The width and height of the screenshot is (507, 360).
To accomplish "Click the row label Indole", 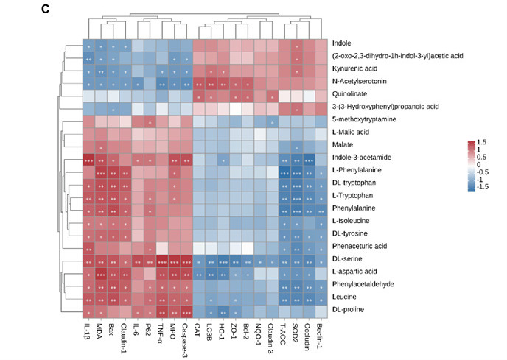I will [x=342, y=43].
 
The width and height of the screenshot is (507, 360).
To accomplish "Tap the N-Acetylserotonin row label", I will [x=360, y=82].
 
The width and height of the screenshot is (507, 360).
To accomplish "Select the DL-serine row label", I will [x=348, y=258].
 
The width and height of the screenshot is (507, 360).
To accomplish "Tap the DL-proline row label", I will [x=349, y=309].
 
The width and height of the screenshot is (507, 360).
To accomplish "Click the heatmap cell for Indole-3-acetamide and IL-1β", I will [x=88, y=158].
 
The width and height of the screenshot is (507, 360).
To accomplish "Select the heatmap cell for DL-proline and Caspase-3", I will [x=187, y=309].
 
